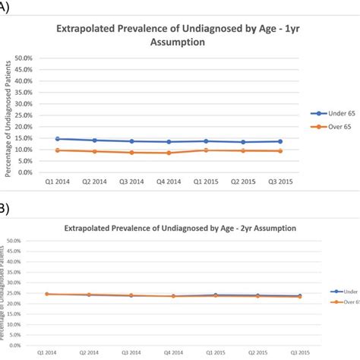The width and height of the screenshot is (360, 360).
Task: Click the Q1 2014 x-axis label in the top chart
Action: [57, 183]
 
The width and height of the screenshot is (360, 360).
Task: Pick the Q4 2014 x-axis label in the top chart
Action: [169, 183]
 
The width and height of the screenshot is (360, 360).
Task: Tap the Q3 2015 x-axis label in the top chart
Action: [281, 183]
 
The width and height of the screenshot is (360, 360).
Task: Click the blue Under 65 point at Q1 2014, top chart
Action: [58, 139]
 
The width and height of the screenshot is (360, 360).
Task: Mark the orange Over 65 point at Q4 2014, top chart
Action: [169, 153]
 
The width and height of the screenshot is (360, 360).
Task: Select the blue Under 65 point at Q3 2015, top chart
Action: [281, 141]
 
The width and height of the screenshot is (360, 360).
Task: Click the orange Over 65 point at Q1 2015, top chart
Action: [206, 150]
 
